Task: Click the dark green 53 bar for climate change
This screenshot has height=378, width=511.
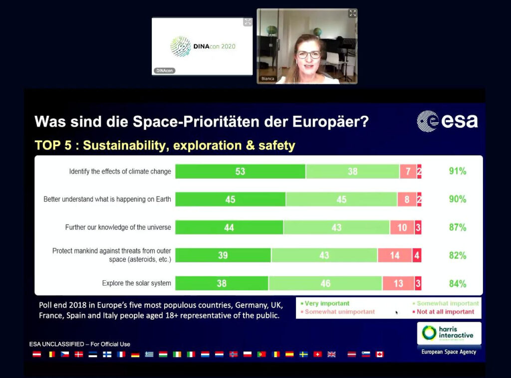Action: point(240,171)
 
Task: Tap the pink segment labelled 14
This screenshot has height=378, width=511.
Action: point(395,255)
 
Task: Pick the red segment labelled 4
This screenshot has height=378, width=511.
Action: point(417,255)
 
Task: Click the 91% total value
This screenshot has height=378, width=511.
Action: point(457,171)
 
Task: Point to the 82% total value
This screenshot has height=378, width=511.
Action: point(457,255)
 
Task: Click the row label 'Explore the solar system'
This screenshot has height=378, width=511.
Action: point(136,283)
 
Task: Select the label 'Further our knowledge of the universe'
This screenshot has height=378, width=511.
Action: point(118,227)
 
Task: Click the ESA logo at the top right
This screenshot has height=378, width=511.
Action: point(447,121)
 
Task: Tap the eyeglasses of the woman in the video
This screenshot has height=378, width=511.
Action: point(308,54)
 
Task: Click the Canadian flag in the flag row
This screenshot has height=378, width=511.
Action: point(380,355)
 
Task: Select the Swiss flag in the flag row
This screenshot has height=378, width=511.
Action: point(317,355)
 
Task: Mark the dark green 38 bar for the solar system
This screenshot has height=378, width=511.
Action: point(222,283)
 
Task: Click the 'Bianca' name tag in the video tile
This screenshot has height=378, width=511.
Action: point(268,79)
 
